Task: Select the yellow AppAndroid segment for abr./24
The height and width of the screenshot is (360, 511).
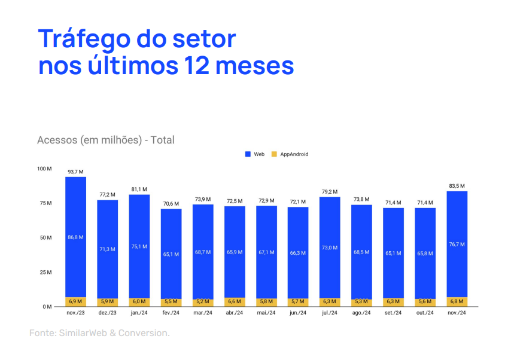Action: (x=235, y=302)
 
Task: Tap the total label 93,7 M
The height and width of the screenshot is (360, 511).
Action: (x=76, y=172)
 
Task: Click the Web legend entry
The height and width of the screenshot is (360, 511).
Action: (x=255, y=154)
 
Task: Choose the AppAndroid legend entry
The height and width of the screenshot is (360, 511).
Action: (x=290, y=154)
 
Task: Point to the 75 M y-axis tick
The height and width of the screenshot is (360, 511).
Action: (x=45, y=203)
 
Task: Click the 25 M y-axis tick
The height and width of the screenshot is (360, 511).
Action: (x=45, y=272)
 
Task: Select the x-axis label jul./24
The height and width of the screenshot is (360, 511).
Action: (x=330, y=313)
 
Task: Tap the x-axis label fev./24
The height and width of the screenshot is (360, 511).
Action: (x=171, y=313)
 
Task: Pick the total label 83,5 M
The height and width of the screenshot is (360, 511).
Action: (x=457, y=186)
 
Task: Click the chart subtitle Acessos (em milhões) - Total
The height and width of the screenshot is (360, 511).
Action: (x=105, y=140)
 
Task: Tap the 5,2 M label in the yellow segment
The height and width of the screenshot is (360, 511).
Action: (x=203, y=302)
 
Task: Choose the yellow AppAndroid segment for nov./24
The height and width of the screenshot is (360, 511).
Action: (x=457, y=301)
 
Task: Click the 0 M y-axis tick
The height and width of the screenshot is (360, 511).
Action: (x=47, y=307)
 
